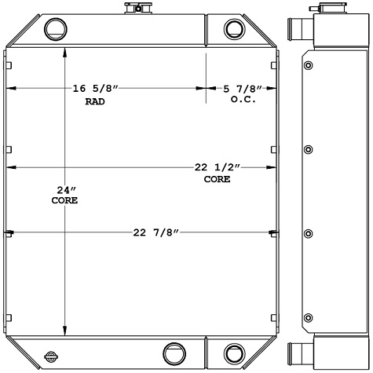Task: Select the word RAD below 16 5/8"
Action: pos(95,102)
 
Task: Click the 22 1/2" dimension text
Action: pos(218,167)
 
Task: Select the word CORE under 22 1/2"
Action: pos(218,179)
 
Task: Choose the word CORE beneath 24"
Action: pos(64,201)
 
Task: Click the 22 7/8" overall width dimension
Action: pos(157,232)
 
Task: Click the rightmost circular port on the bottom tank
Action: pos(234,353)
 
